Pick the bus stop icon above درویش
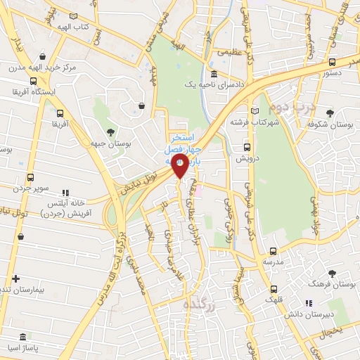pyautogui.click(x=246, y=148)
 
